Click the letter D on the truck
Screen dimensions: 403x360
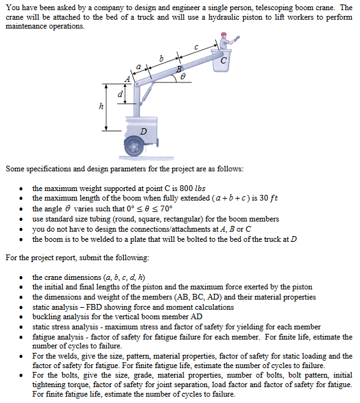(143, 131)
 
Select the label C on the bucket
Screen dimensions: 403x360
(226, 61)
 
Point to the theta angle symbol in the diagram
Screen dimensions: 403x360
(183, 75)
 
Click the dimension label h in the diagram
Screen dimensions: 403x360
(102, 107)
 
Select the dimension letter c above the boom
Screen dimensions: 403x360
(196, 46)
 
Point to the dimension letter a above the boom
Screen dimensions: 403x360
(138, 66)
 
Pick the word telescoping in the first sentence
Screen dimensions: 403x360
(261, 8)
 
